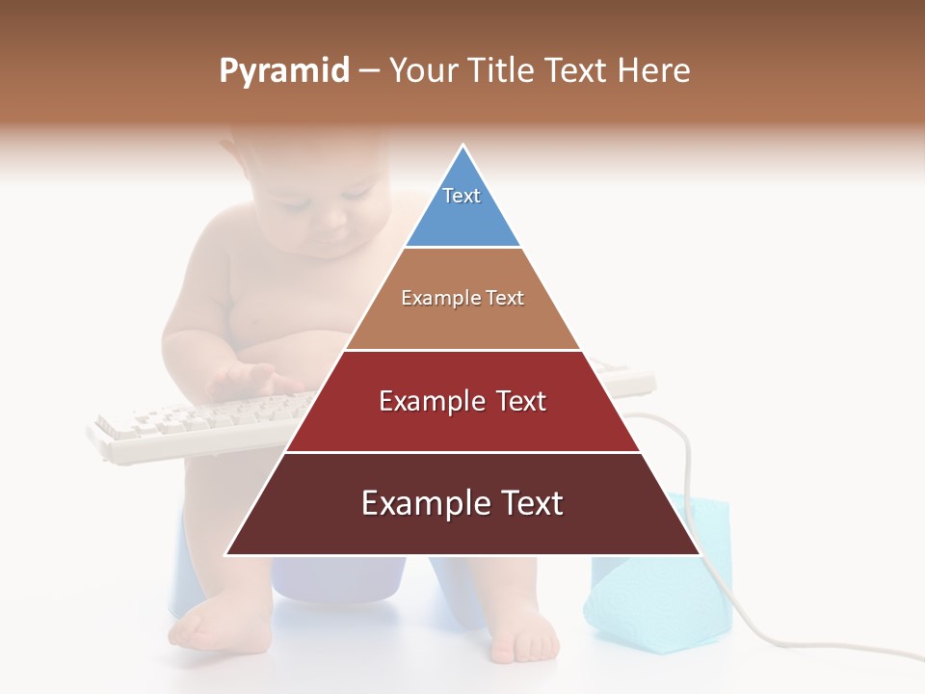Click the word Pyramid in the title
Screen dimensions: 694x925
pyautogui.click(x=284, y=71)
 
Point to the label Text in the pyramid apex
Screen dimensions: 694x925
pyautogui.click(x=462, y=196)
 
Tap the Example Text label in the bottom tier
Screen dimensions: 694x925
pyautogui.click(x=462, y=503)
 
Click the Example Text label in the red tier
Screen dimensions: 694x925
pyautogui.click(x=462, y=401)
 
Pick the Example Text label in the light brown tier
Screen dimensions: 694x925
pyautogui.click(x=462, y=298)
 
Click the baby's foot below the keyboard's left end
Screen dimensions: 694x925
pyautogui.click(x=207, y=627)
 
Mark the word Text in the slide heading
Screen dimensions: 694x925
pyautogui.click(x=578, y=70)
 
